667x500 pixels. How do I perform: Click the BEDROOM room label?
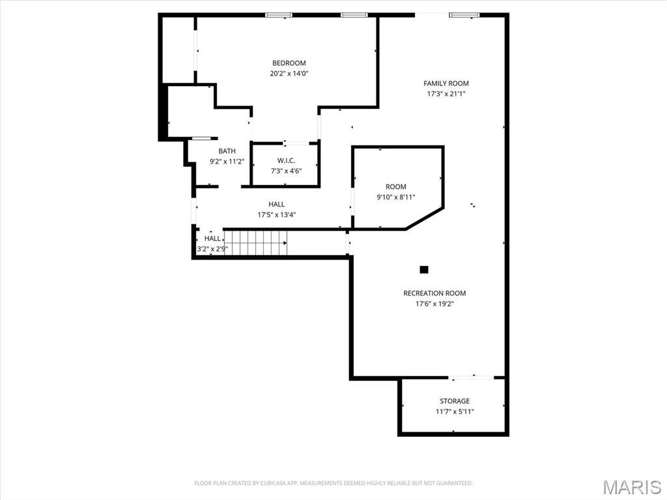pyautogui.click(x=289, y=63)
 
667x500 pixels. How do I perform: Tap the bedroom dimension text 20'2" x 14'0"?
pyautogui.click(x=289, y=74)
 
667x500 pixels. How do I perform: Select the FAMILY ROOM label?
pyautogui.click(x=446, y=83)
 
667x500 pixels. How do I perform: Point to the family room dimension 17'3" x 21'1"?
pyautogui.click(x=446, y=94)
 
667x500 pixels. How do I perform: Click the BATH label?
pyautogui.click(x=227, y=151)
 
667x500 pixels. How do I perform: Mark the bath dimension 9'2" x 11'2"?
pyautogui.click(x=227, y=162)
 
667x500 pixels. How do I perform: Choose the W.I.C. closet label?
pyautogui.click(x=286, y=160)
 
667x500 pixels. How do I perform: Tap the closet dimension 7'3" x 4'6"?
pyautogui.click(x=286, y=171)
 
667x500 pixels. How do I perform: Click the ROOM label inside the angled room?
pyautogui.click(x=395, y=187)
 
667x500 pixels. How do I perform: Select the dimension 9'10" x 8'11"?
pyautogui.click(x=395, y=197)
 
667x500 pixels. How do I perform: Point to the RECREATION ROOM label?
pyautogui.click(x=434, y=293)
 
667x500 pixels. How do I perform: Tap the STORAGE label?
pyautogui.click(x=454, y=401)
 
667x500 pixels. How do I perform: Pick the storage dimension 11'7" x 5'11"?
pyautogui.click(x=455, y=411)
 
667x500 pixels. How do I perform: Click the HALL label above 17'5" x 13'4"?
pyautogui.click(x=276, y=204)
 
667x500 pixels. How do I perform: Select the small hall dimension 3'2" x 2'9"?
pyautogui.click(x=212, y=248)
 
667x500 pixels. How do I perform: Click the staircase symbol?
pyautogui.click(x=255, y=243)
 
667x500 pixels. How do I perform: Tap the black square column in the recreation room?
pyautogui.click(x=424, y=269)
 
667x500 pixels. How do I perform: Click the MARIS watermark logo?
pyautogui.click(x=631, y=487)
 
